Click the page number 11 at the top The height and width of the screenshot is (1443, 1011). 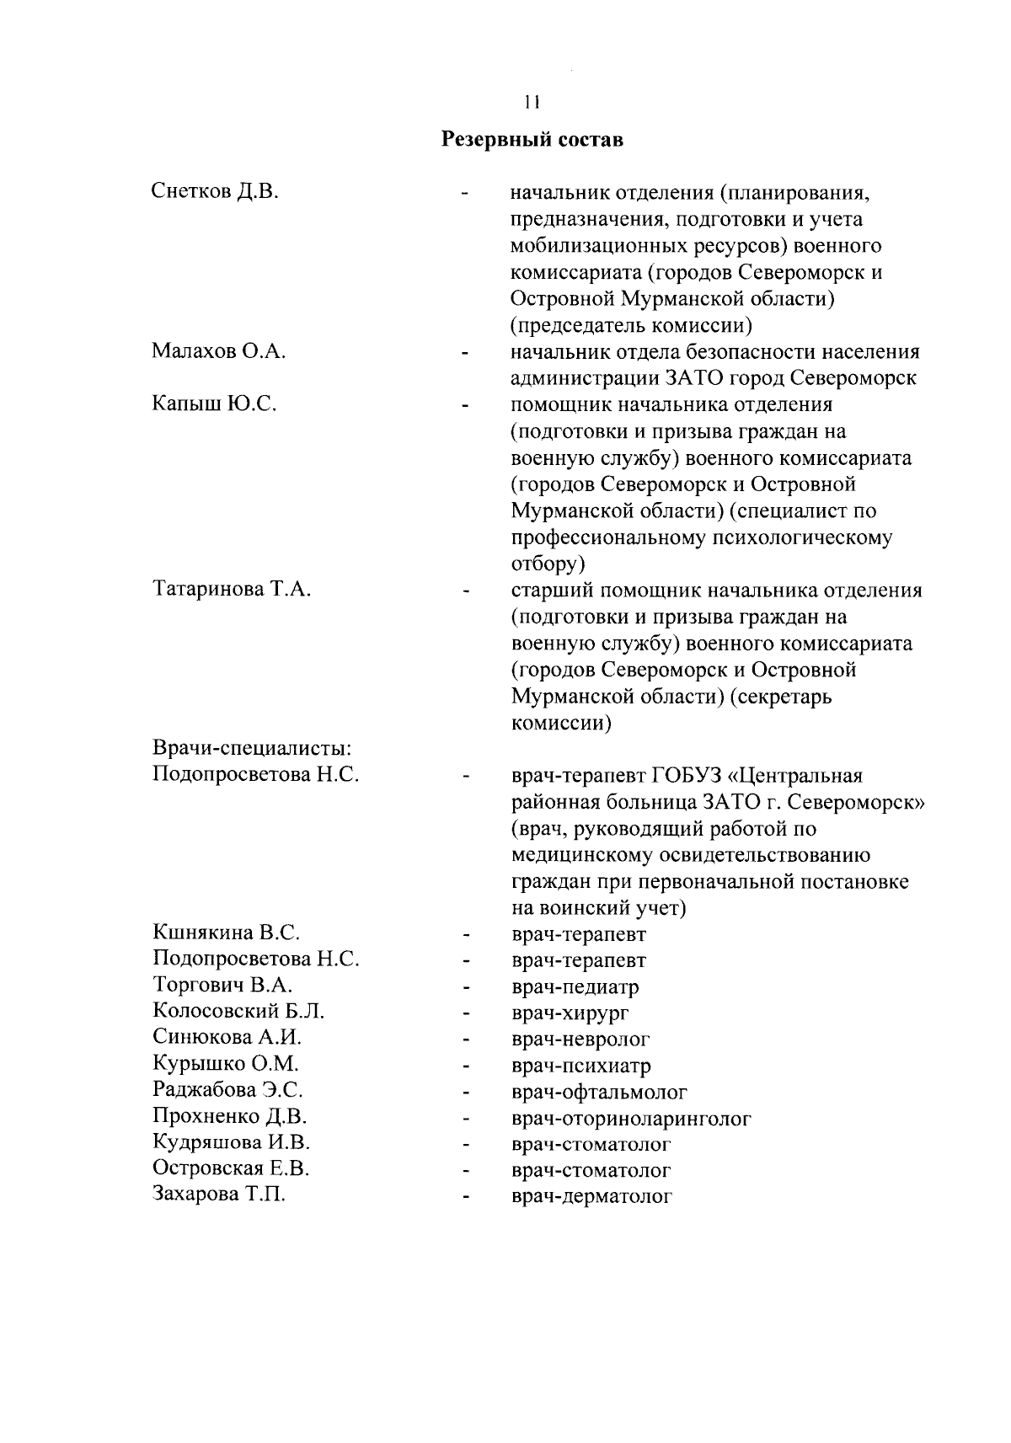pyautogui.click(x=531, y=103)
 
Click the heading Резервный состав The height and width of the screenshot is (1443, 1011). pyautogui.click(x=533, y=139)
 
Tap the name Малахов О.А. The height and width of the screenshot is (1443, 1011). pyautogui.click(x=219, y=351)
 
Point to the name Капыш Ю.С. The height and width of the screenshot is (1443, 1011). pyautogui.click(x=214, y=404)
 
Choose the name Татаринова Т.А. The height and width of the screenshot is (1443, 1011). pyautogui.click(x=232, y=590)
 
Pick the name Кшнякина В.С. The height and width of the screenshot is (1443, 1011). pyautogui.click(x=227, y=933)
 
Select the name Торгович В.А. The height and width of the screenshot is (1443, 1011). pyautogui.click(x=222, y=985)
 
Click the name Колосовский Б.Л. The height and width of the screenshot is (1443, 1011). pyautogui.click(x=238, y=1012)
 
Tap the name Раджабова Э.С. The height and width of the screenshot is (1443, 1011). pyautogui.click(x=227, y=1090)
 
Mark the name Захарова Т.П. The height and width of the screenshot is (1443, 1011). pyautogui.click(x=218, y=1194)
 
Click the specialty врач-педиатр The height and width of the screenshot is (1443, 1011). pyautogui.click(x=575, y=986)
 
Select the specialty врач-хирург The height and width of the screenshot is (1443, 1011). pyautogui.click(x=570, y=1013)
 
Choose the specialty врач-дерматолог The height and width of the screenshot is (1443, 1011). pyautogui.click(x=591, y=1196)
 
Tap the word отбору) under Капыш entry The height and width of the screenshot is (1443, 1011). pyautogui.click(x=548, y=563)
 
